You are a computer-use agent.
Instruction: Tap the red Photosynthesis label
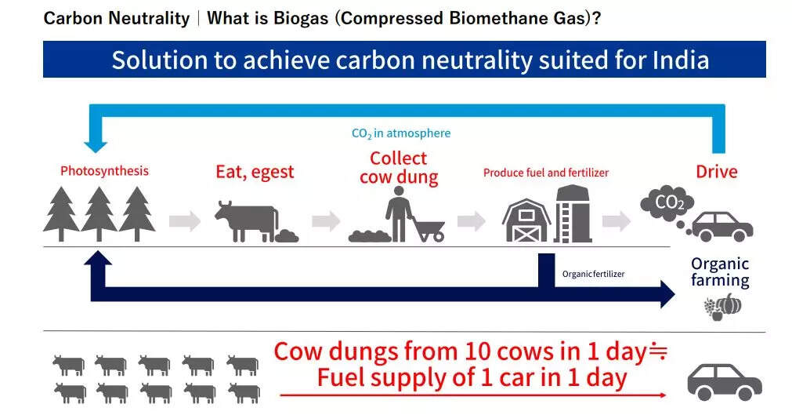pos(104,170)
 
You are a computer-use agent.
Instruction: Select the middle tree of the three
pos(99,213)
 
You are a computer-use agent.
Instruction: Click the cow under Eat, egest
pos(246,220)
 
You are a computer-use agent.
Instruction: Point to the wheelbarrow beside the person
pos(428,229)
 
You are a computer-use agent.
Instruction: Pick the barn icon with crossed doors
pos(525,220)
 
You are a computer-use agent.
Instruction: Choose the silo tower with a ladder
pos(573,213)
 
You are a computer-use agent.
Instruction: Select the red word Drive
pos(717,171)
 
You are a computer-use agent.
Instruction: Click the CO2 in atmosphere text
pos(401,133)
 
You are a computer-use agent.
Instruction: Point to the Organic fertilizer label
pos(593,274)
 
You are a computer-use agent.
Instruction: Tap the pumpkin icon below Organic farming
pos(728,304)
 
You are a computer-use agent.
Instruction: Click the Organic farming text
pos(720,271)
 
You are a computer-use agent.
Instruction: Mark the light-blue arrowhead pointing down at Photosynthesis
pos(96,144)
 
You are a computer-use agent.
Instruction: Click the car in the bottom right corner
pos(724,380)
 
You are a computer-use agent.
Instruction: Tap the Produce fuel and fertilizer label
pos(545,173)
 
